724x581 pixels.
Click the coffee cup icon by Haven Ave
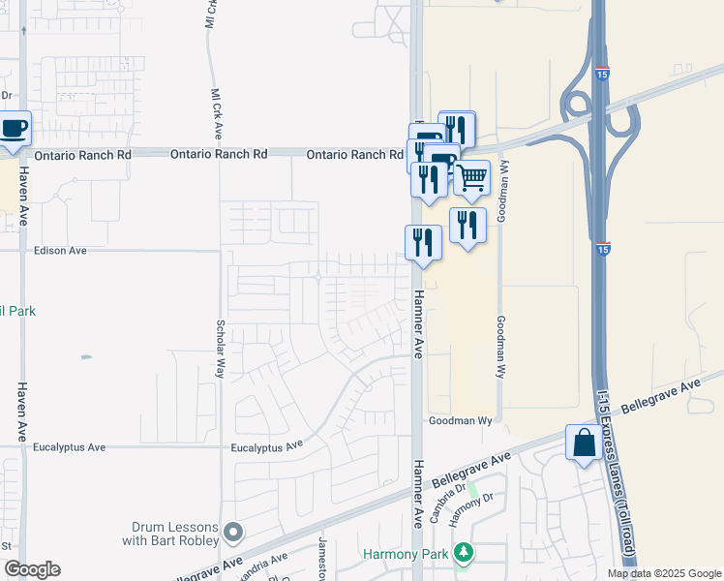click(14, 130)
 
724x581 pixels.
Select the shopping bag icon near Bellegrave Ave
click(584, 444)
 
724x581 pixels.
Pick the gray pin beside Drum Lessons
click(233, 532)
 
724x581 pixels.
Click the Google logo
click(31, 569)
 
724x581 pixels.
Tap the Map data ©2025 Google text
click(664, 573)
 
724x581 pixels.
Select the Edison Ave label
click(60, 250)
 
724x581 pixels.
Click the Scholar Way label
click(221, 349)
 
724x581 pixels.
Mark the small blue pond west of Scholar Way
click(86, 357)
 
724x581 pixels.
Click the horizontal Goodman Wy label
click(461, 421)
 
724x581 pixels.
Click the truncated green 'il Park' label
click(17, 311)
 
